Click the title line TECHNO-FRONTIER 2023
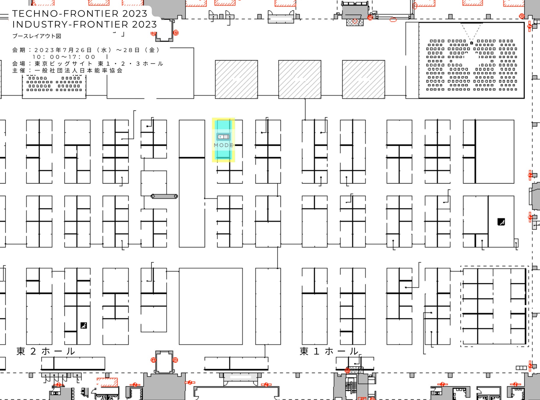pyautogui.click(x=80, y=14)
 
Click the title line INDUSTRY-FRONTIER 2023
pyautogui.click(x=84, y=24)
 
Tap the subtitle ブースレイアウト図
pyautogui.click(x=37, y=36)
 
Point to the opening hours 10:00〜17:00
pyautogui.click(x=64, y=57)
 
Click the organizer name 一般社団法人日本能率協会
pyautogui.click(x=78, y=71)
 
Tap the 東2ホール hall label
pyautogui.click(x=46, y=351)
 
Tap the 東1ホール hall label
pyautogui.click(x=329, y=351)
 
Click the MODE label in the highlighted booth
pyautogui.click(x=224, y=145)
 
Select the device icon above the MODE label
pyautogui.click(x=224, y=137)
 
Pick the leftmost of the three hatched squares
pyautogui.click(x=236, y=79)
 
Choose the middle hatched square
pyautogui.click(x=300, y=79)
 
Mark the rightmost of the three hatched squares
pyautogui.click(x=364, y=79)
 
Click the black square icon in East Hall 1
pyautogui.click(x=501, y=222)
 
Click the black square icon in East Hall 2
pyautogui.click(x=84, y=325)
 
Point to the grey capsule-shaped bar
pyautogui.click(x=164, y=196)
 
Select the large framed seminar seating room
pyautogui.click(x=471, y=60)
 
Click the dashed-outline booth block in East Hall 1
pyautogui.click(x=494, y=306)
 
